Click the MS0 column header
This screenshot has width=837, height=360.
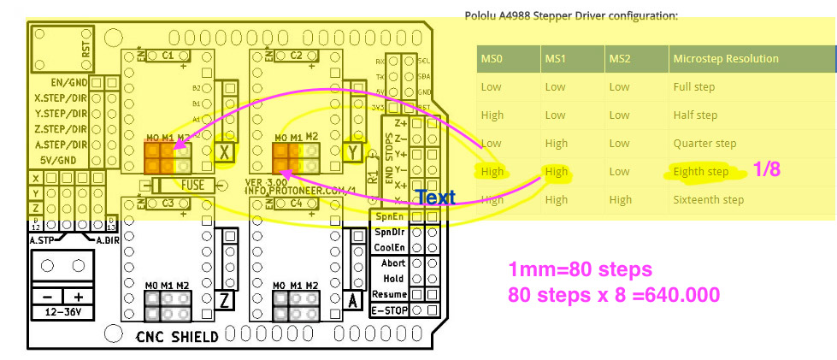point(491,59)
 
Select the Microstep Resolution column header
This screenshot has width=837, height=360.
point(726,59)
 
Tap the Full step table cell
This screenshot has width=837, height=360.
point(693,87)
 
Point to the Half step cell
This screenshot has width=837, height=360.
point(694,115)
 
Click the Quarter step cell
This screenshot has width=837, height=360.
point(704,144)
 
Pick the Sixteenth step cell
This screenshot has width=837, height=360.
point(708,200)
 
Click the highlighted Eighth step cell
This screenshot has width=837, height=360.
point(700,172)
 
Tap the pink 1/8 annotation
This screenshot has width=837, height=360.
point(766,170)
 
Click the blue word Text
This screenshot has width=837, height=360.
point(435,198)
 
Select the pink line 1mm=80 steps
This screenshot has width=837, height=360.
point(580,270)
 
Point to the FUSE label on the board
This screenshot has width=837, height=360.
point(193,186)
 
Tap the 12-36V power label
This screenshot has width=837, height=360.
point(61,312)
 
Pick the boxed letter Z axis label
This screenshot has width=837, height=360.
point(225,300)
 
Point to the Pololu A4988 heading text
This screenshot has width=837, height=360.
point(570,15)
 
